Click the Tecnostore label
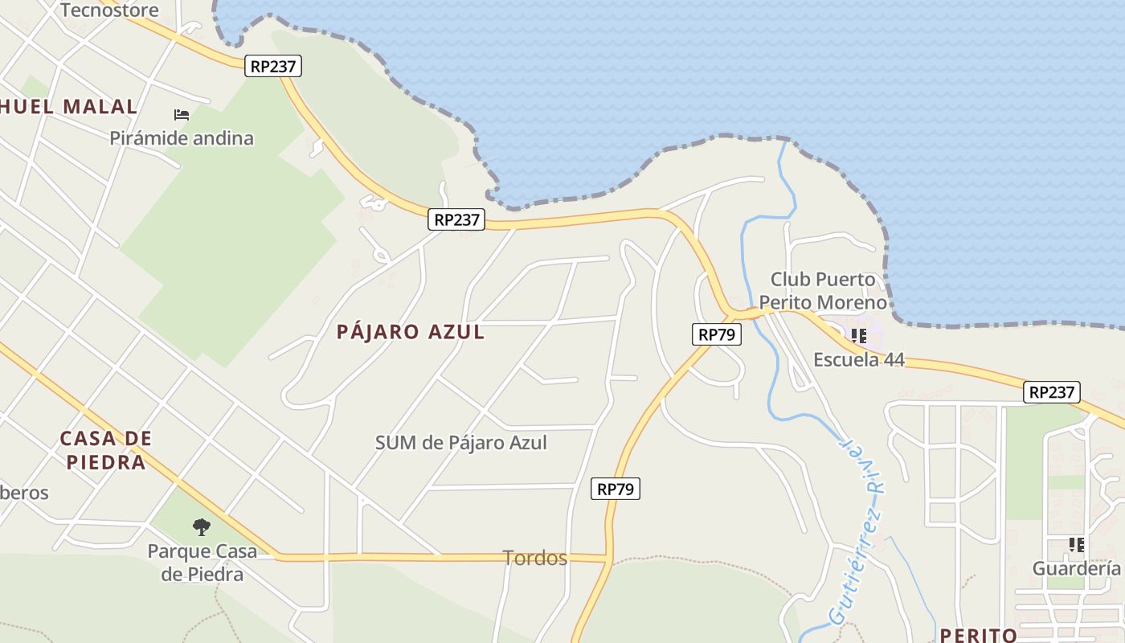pyautogui.click(x=109, y=10)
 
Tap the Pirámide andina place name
pyautogui.click(x=182, y=138)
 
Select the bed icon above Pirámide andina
pyautogui.click(x=182, y=115)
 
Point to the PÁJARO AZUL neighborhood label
pyautogui.click(x=411, y=332)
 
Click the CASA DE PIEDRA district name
pyautogui.click(x=105, y=450)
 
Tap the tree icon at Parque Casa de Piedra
pyautogui.click(x=202, y=527)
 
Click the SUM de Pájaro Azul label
pyautogui.click(x=461, y=442)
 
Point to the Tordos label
pyautogui.click(x=535, y=558)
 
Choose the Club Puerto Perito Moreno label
pyautogui.click(x=824, y=291)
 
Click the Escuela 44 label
pyautogui.click(x=859, y=359)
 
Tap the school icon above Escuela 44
pyautogui.click(x=859, y=335)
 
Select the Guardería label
pyautogui.click(x=1076, y=568)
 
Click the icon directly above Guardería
pyautogui.click(x=1076, y=545)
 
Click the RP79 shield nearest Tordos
pyautogui.click(x=616, y=488)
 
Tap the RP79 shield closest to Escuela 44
pyautogui.click(x=716, y=334)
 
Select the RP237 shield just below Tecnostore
pyautogui.click(x=273, y=67)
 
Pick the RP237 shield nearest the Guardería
pyautogui.click(x=1052, y=392)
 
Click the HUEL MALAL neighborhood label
pyautogui.click(x=69, y=107)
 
